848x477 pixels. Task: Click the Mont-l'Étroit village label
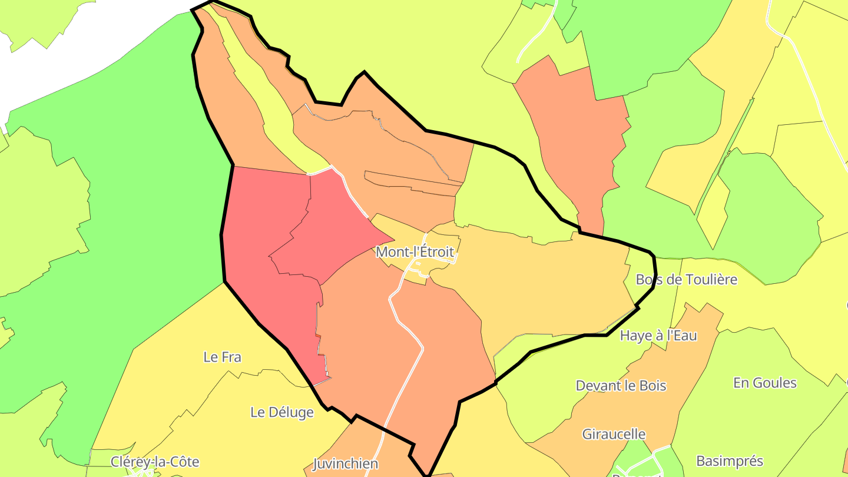click(415, 252)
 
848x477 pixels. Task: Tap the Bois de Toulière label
click(686, 279)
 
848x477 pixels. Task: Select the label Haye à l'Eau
click(658, 336)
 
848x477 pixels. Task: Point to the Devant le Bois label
click(621, 386)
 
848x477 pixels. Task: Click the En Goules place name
click(764, 383)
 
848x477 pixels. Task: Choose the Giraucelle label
click(614, 435)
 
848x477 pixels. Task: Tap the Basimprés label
click(729, 461)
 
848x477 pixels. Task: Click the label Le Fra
click(222, 357)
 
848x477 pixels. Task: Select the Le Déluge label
click(282, 412)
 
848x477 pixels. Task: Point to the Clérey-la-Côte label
click(155, 462)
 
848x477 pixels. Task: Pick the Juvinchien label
click(345, 463)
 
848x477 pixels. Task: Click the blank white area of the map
click(88, 47)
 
